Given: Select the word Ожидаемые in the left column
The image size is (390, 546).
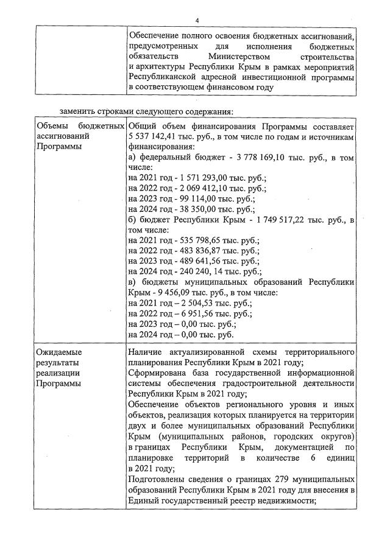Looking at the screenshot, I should pos(59,352).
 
